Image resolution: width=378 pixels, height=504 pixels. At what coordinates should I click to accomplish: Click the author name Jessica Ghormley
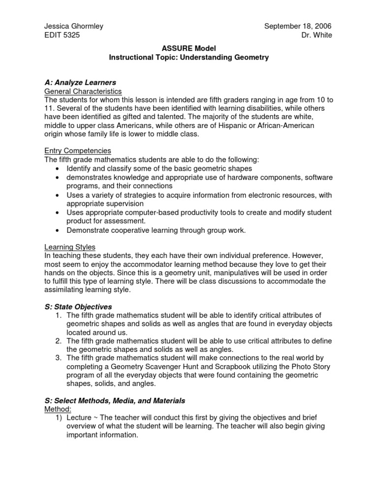[x=74, y=26]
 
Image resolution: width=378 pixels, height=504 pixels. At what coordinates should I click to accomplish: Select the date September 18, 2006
[x=298, y=26]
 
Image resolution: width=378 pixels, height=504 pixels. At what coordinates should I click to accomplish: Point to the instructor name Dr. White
[x=317, y=35]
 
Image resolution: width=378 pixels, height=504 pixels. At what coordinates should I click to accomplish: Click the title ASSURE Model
[x=189, y=49]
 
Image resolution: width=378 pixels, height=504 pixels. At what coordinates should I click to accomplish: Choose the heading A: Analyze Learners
[x=80, y=82]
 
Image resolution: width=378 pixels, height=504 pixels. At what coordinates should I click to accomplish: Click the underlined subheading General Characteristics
[x=83, y=91]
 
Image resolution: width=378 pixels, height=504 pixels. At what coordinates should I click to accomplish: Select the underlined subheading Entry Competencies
[x=78, y=151]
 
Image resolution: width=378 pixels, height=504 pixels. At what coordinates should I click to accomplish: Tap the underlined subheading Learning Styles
[x=70, y=247]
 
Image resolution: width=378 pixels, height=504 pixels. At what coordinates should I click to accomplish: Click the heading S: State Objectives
[x=78, y=307]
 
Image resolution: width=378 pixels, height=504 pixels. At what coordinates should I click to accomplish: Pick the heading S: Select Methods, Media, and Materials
[x=115, y=401]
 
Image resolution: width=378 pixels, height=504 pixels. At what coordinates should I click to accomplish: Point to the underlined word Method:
[x=58, y=409]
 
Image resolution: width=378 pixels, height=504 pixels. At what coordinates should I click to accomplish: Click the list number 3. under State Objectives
[x=59, y=358]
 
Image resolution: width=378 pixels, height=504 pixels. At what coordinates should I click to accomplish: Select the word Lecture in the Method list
[x=79, y=418]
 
